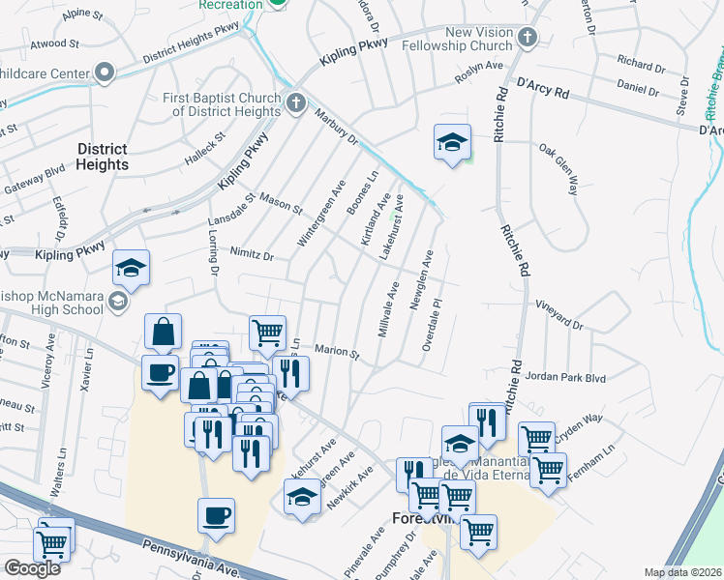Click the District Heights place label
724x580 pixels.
[102, 157]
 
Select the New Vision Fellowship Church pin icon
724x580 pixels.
[527, 37]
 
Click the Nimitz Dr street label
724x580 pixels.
[253, 254]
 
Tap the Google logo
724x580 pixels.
[32, 568]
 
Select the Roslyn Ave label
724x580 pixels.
[481, 66]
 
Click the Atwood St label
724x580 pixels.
[55, 43]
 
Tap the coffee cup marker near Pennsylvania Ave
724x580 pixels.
[216, 516]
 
